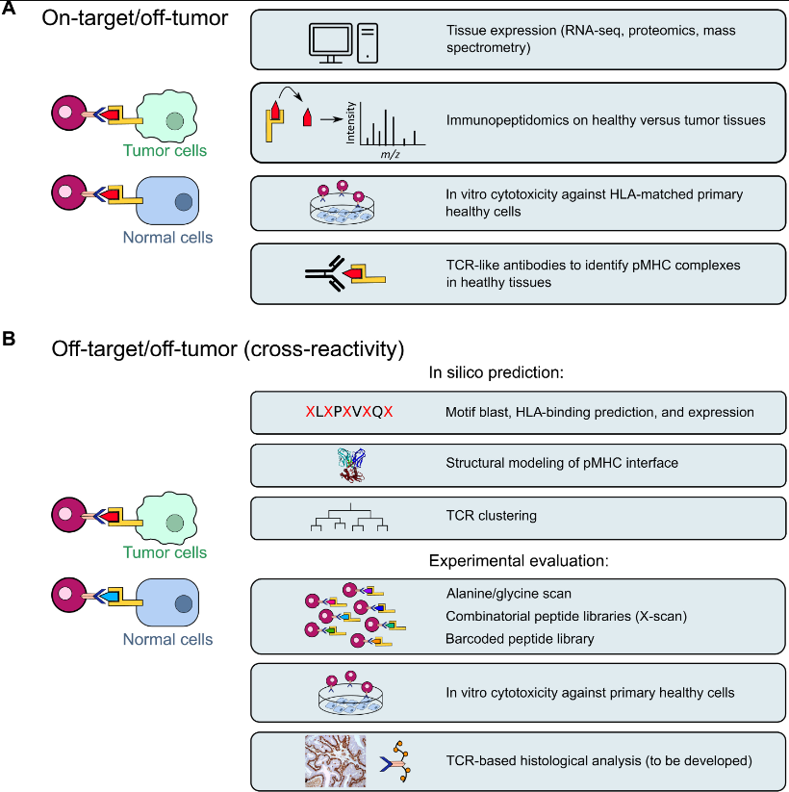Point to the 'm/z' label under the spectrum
(391, 155)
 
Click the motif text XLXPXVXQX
(348, 412)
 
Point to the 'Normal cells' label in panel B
(169, 639)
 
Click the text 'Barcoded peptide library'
(521, 639)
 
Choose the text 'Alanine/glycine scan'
(509, 593)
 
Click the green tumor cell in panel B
(169, 520)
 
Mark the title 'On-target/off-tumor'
(134, 17)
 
